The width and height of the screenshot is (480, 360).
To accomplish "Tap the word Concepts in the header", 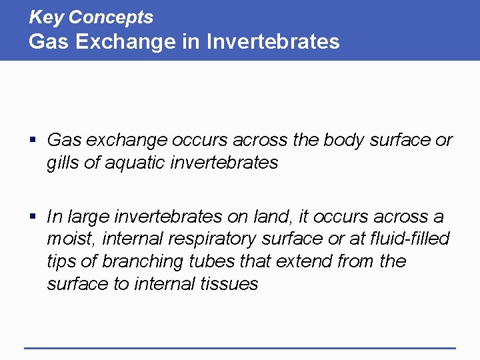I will pyautogui.click(x=111, y=17).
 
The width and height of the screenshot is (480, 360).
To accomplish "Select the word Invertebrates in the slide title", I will pyautogui.click(x=273, y=41).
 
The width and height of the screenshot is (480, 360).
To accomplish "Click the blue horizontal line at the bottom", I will pyautogui.click(x=240, y=347).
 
